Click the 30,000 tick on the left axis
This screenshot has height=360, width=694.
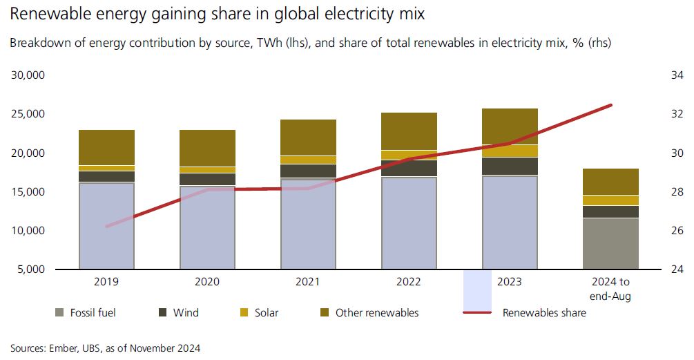[28, 75]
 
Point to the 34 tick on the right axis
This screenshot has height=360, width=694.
[677, 75]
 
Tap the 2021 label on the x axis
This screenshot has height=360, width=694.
[308, 282]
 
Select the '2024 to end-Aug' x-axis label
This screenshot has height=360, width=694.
[610, 289]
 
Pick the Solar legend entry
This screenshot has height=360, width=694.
[258, 312]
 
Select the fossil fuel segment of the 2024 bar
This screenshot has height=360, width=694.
[610, 243]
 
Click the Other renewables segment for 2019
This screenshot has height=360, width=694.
[107, 147]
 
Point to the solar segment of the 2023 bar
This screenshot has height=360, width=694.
[510, 151]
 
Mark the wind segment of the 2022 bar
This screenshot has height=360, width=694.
[409, 168]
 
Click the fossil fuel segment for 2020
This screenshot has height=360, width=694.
[207, 227]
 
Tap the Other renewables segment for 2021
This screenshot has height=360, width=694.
[308, 138]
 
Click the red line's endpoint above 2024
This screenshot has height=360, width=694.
[611, 105]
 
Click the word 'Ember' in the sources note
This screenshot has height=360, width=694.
[66, 348]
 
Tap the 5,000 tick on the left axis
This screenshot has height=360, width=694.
[30, 269]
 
